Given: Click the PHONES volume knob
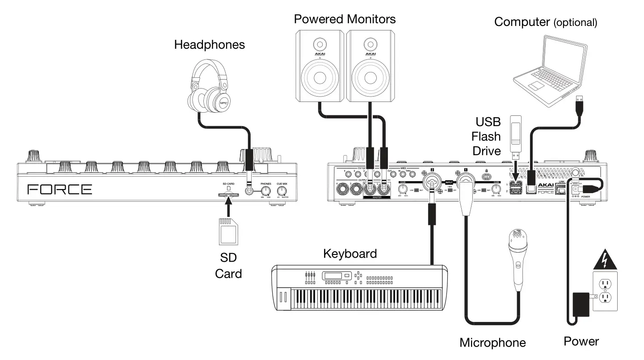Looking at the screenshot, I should click(266, 191).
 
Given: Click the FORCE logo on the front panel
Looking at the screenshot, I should click(59, 189).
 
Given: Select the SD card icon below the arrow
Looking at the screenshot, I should click(227, 231).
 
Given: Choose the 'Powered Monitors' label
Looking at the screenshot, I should click(345, 19).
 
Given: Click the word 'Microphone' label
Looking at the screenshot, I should click(492, 343).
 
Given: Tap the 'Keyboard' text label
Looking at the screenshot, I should click(350, 254).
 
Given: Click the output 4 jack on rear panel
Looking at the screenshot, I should click(343, 191).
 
